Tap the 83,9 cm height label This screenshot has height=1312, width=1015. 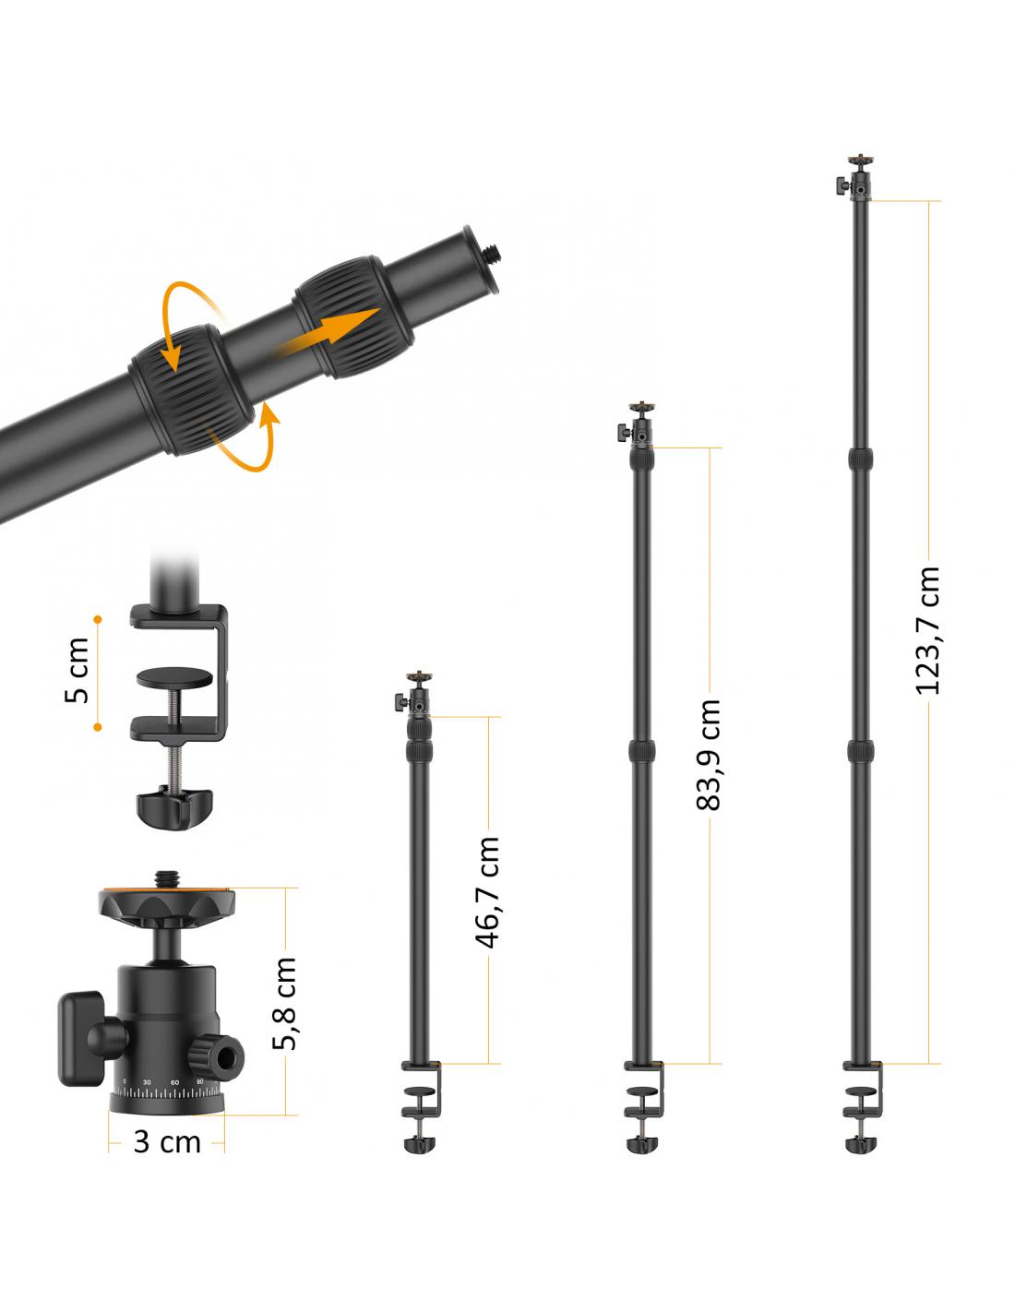coord(709,755)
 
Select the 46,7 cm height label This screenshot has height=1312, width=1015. coord(487,892)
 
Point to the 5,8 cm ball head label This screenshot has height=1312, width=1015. coord(284,1004)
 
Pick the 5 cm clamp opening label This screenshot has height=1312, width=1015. coord(78,670)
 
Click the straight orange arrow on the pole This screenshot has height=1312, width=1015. coord(326,333)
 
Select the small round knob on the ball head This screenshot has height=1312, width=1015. coord(216,1057)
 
